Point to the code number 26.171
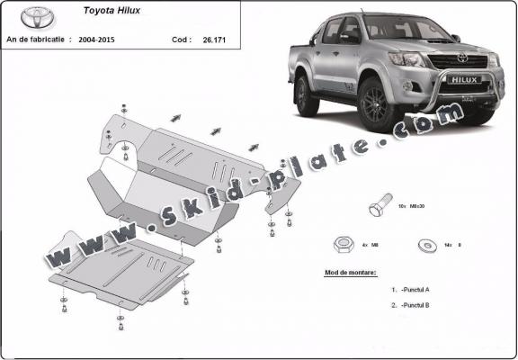(214, 40)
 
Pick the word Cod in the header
(180, 40)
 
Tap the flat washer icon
(424, 244)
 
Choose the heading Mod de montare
(351, 273)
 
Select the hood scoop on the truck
(430, 49)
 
